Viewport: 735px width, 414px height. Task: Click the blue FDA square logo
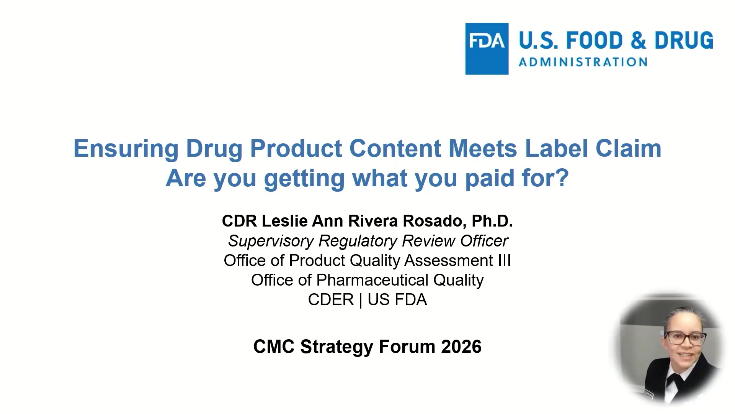(487, 49)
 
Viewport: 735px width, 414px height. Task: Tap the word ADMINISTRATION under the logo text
(583, 62)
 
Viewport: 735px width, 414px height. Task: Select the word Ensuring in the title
(126, 149)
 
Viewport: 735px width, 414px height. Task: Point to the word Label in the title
(556, 148)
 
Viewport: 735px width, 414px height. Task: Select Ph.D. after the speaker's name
(492, 221)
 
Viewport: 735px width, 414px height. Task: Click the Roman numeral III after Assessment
(504, 261)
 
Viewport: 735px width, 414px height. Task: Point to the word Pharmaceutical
(372, 280)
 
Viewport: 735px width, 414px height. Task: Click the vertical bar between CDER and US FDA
(361, 300)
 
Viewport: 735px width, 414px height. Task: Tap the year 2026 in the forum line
(461, 347)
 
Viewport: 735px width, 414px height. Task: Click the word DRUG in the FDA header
(684, 41)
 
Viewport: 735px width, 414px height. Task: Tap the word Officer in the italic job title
(484, 241)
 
